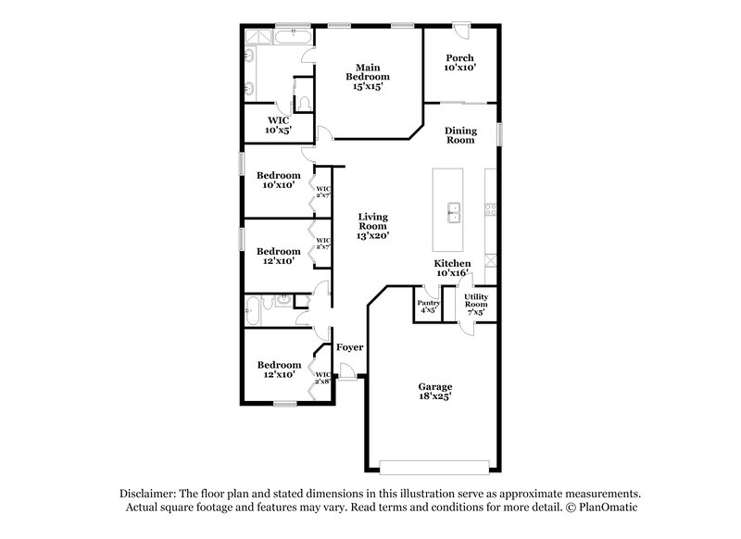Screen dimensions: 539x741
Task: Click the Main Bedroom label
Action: [x=369, y=76]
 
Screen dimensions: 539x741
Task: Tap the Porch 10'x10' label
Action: [x=459, y=63]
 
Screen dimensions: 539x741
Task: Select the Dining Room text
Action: [x=459, y=135]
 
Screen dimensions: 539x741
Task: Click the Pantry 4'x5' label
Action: [x=428, y=307]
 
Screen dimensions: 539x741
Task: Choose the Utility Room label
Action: [x=475, y=304]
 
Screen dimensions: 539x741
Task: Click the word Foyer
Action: [x=349, y=347]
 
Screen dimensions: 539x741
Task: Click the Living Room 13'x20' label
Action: [x=372, y=226]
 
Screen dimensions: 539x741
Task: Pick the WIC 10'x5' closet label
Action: [x=279, y=125]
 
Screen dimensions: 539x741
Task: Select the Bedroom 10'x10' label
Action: [x=279, y=180]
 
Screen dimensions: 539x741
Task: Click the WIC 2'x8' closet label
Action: [x=322, y=378]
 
